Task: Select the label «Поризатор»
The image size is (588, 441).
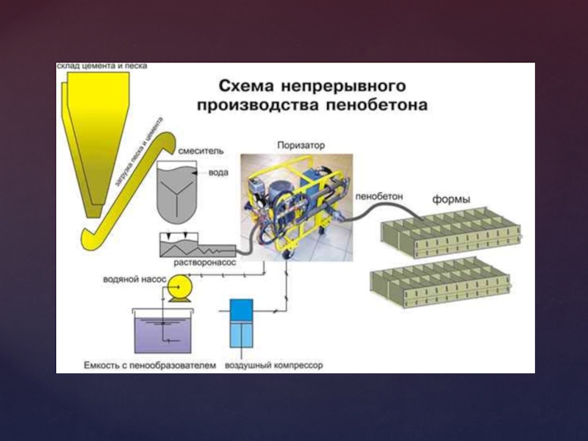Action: (x=301, y=145)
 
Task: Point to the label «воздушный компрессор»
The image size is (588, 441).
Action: (x=273, y=365)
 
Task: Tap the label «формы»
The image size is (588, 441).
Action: (x=451, y=198)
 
